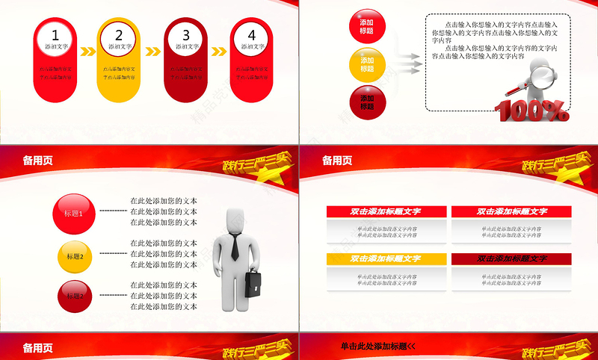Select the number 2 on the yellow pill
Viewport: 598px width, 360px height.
(x=119, y=35)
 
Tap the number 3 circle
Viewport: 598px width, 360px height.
(x=186, y=35)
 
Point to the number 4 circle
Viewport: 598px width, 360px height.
(x=251, y=35)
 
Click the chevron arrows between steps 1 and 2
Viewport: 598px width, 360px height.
(x=87, y=52)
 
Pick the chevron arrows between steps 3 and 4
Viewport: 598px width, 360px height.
(x=219, y=52)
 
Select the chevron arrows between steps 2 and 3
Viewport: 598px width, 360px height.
(x=153, y=52)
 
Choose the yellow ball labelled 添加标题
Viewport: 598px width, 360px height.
(x=367, y=65)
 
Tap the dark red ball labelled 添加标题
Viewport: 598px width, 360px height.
(x=367, y=102)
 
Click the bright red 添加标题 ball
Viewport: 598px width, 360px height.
(x=367, y=27)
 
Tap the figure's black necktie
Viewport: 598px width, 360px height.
(x=235, y=246)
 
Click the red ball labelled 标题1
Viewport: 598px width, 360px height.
(x=74, y=214)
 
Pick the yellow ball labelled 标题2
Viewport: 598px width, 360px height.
(x=75, y=257)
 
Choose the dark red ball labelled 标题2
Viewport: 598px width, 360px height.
(x=74, y=297)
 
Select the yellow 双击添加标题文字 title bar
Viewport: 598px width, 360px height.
(x=386, y=258)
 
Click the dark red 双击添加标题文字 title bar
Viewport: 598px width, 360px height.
(x=511, y=258)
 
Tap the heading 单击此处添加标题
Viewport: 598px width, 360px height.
(x=377, y=347)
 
